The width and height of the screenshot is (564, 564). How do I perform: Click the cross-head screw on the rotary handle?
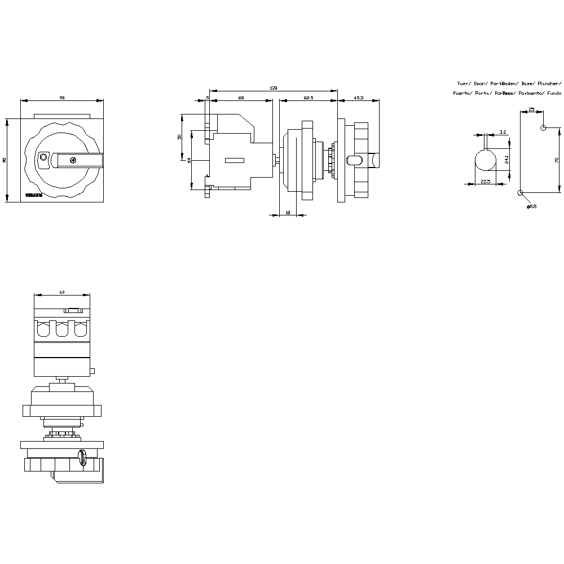click(x=73, y=160)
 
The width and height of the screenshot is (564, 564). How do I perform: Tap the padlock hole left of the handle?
click(x=43, y=158)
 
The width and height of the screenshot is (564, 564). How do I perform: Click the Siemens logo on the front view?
click(x=34, y=195)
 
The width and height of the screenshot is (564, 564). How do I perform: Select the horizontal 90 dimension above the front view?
click(x=62, y=98)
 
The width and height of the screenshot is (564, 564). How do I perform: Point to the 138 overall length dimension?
click(x=274, y=87)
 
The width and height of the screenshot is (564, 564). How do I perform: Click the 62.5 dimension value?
click(x=308, y=98)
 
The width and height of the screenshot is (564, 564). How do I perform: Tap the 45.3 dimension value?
click(x=359, y=98)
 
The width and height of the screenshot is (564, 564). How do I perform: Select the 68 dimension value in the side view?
click(x=241, y=98)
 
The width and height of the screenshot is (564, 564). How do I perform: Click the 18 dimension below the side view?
click(x=288, y=213)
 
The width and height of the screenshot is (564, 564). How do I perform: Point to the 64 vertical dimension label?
click(x=190, y=160)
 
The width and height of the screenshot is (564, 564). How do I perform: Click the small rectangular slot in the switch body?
click(x=234, y=160)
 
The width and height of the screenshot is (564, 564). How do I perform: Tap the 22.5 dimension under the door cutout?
click(x=485, y=181)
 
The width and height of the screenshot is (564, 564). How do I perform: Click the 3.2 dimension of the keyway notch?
click(x=503, y=132)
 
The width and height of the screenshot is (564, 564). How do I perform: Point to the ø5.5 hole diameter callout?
click(x=531, y=206)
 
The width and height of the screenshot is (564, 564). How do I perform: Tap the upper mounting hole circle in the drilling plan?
click(x=543, y=128)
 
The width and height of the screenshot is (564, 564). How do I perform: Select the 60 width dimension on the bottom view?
click(x=62, y=292)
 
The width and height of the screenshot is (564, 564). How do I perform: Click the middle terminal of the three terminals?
click(x=62, y=330)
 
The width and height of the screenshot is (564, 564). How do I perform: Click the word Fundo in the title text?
click(x=554, y=92)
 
